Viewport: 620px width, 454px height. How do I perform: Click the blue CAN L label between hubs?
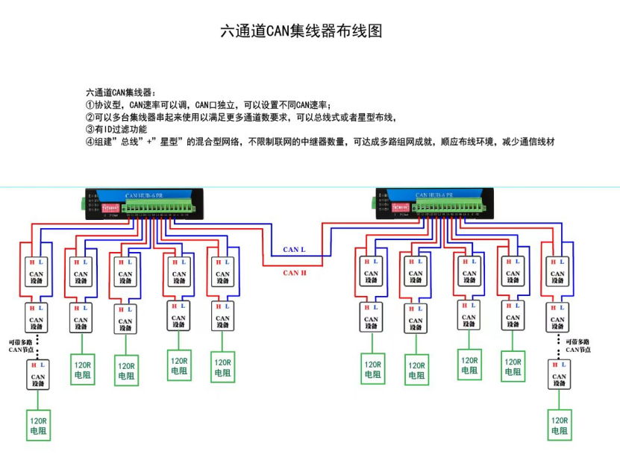point(293,250)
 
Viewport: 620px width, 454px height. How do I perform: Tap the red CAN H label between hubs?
point(295,273)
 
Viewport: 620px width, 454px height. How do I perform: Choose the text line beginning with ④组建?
point(320,142)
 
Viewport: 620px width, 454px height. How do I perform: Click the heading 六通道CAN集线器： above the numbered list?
point(121,92)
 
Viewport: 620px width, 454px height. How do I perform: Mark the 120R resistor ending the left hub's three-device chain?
point(37,426)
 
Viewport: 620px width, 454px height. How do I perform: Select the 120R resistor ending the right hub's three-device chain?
point(560,426)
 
